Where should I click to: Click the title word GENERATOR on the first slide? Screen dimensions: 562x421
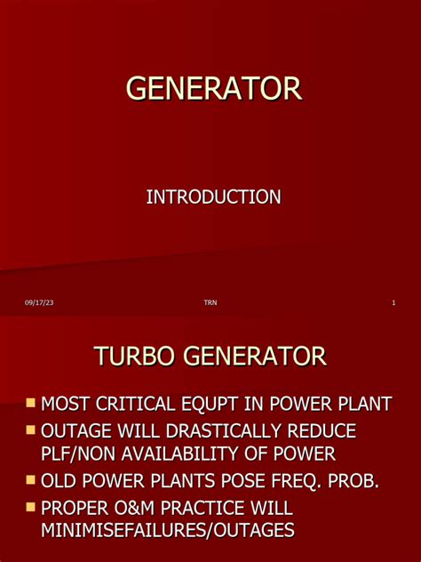pos(213,89)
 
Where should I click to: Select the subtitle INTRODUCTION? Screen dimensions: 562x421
pos(213,197)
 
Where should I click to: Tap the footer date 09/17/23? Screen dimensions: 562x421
pos(39,304)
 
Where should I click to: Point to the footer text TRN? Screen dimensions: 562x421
pos(210,304)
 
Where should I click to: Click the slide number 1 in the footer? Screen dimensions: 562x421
pos(393,304)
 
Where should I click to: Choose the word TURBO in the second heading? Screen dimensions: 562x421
pos(136,357)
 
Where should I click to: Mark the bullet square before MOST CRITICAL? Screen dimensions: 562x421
pos(31,403)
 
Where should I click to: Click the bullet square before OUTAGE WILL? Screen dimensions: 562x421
pos(31,430)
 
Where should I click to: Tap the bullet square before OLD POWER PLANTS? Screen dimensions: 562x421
pos(31,481)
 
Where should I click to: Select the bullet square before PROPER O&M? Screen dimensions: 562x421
pos(31,508)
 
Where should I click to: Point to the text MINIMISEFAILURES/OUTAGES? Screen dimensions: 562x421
pos(168,531)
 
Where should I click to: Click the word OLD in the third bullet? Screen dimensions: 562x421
pos(62,482)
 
